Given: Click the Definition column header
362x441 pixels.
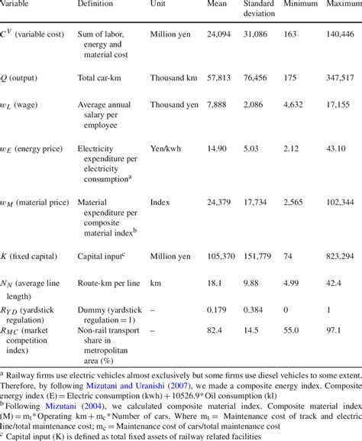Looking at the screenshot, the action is (95, 5).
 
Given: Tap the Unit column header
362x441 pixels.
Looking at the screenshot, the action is (163, 5).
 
